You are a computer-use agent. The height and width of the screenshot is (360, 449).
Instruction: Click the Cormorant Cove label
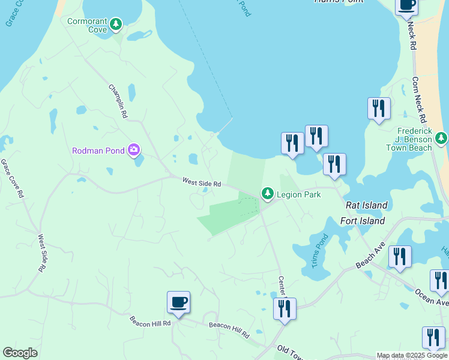coord(87,25)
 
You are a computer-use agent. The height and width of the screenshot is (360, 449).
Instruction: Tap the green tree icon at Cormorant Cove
coord(116,25)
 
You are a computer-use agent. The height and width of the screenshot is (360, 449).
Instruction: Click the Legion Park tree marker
coord(267,194)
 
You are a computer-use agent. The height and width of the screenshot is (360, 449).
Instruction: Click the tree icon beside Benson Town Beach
coord(441,139)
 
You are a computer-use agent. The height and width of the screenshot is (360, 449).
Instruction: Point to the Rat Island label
coord(367,205)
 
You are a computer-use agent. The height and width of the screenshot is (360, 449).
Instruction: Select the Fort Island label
coord(363,221)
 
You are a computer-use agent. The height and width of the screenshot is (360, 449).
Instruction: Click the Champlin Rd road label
coord(118,101)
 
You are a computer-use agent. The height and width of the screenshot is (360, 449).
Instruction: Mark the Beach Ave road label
coord(370,256)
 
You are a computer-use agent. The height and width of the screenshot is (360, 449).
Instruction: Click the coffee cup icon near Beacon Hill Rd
coord(178,302)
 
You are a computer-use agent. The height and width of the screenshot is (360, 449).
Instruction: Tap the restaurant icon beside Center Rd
coord(285,308)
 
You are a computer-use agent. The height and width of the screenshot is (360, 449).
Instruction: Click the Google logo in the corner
coord(20,353)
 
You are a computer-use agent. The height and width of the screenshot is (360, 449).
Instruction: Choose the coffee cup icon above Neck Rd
coord(406,5)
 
